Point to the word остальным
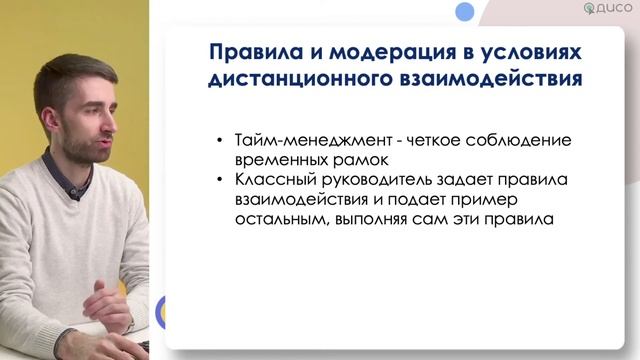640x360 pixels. (x=281, y=220)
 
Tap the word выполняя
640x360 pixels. (x=372, y=220)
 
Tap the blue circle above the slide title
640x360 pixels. (x=464, y=12)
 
